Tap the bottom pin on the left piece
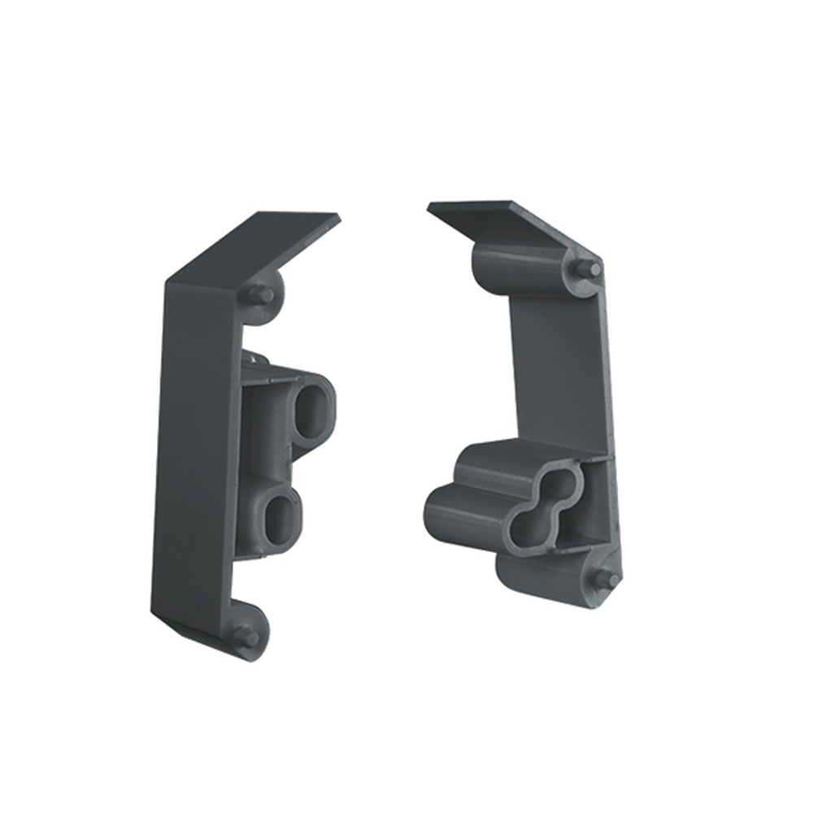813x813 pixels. pos(243,637)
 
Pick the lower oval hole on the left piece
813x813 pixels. pos(281,518)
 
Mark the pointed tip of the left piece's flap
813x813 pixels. pos(338,217)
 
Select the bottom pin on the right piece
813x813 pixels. pos(607,579)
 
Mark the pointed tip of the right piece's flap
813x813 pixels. pos(430,206)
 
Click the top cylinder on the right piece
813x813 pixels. pos(512,264)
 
